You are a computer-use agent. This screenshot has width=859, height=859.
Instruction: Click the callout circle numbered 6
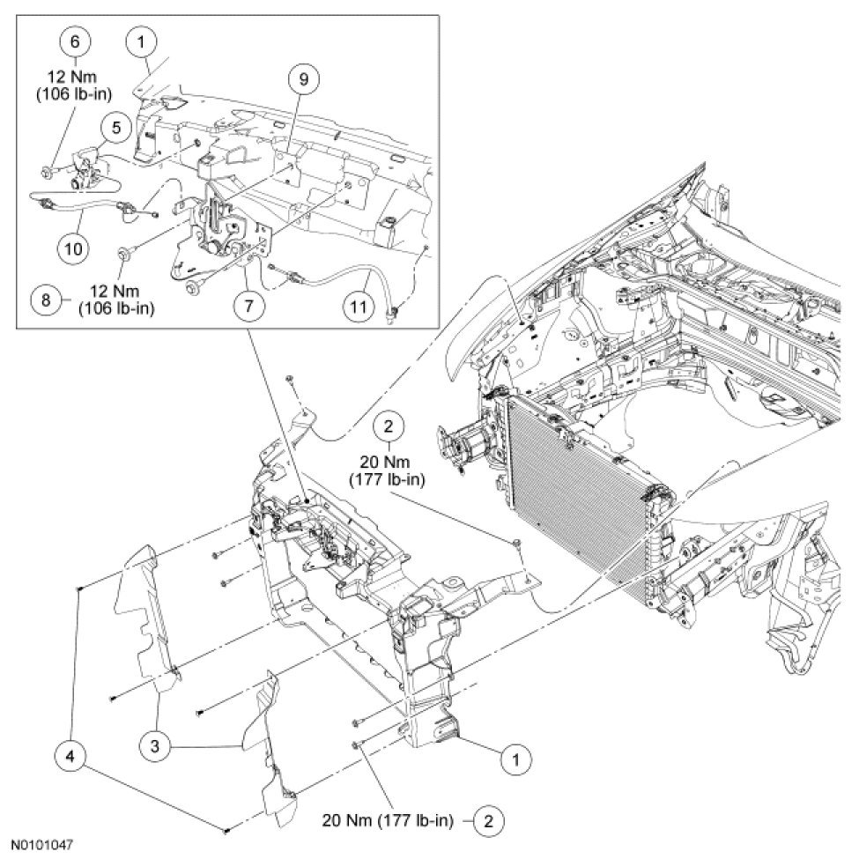click(75, 41)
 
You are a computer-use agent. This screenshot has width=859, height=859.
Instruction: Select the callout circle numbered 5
click(116, 129)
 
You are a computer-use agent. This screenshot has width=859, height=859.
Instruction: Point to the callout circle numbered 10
click(74, 248)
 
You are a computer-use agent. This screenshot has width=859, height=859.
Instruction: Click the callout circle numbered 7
click(250, 306)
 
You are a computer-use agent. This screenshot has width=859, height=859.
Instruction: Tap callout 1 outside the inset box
click(517, 757)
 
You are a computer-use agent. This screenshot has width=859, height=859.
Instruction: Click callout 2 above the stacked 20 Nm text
click(389, 427)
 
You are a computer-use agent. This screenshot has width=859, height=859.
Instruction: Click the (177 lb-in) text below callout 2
click(389, 478)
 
